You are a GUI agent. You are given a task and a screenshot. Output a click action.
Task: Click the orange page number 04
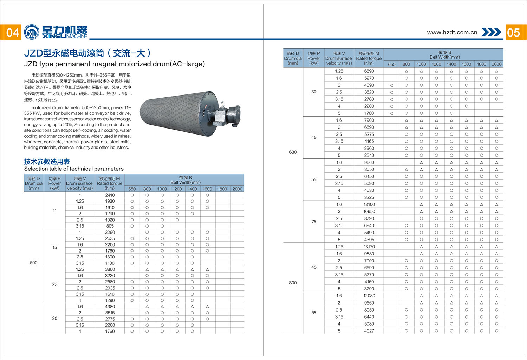coord(13,32)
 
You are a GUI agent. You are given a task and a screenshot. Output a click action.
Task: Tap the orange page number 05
coord(513,32)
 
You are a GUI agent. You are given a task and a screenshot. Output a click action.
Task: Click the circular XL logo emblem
coord(32,32)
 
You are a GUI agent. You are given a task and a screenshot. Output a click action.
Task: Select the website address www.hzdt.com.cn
coord(452,32)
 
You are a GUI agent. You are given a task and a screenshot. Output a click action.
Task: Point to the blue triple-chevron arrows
coord(491,32)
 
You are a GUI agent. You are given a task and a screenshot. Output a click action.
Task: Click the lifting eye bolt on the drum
coord(222,104)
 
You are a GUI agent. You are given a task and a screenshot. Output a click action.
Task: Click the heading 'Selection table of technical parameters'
coord(74,169)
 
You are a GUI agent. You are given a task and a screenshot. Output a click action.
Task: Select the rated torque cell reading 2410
coord(110,195)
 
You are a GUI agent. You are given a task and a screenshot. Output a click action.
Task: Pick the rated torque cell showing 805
coord(110,226)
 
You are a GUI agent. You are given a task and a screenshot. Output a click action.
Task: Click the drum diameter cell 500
coord(34,263)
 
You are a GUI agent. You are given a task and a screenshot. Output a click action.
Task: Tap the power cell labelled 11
coord(54,210)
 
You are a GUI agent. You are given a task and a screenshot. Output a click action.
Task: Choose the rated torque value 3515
coord(110,313)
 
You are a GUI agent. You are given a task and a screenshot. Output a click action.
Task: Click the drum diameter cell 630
coord(293,152)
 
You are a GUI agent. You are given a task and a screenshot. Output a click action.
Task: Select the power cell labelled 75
coord(314,222)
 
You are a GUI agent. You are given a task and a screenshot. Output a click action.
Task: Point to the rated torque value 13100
coord(369,204)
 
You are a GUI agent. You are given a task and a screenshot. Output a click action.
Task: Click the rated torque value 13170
coord(369,247)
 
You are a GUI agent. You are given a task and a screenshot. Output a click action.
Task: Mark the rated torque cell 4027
coord(369,331)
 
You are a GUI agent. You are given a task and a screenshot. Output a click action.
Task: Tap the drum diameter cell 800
coord(293,283)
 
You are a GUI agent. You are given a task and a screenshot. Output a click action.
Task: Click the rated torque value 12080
coord(369,296)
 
